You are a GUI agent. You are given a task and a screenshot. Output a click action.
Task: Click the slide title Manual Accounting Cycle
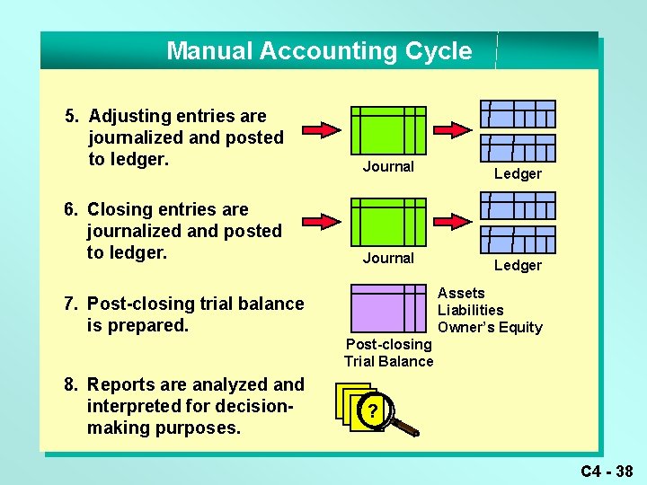click(319, 51)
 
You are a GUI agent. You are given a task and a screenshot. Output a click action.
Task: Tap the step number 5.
click(72, 117)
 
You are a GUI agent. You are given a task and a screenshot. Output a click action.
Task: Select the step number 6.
click(70, 210)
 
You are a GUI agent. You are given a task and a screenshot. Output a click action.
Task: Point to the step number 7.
click(70, 304)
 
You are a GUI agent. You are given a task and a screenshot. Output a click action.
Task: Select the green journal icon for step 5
click(387, 130)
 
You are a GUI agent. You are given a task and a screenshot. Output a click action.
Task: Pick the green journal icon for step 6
click(387, 222)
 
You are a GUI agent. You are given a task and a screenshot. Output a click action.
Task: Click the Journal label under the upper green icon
click(388, 166)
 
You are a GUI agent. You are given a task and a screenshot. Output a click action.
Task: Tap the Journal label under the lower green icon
click(388, 258)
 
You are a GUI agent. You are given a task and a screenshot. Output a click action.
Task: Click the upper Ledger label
click(518, 174)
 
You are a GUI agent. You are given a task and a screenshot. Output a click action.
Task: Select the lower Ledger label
click(518, 265)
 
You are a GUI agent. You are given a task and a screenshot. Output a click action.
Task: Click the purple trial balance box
click(387, 309)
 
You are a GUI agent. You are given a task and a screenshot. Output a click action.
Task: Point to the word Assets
click(461, 293)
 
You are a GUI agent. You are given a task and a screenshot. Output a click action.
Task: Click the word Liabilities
click(470, 310)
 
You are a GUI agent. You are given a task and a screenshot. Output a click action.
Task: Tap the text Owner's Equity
click(490, 327)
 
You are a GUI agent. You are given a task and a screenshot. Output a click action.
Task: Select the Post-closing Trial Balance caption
click(388, 353)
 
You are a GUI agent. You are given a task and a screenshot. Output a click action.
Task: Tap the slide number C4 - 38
click(607, 471)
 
